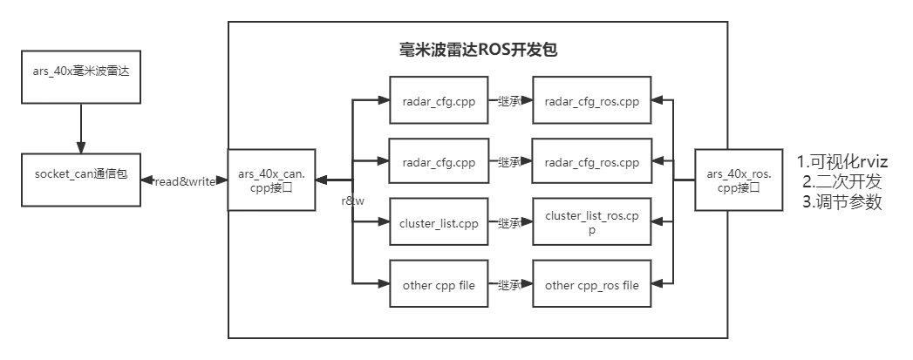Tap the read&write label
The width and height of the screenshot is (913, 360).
point(184,180)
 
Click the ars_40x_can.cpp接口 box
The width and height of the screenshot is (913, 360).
point(271,180)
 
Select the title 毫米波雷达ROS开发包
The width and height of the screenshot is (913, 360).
point(477,50)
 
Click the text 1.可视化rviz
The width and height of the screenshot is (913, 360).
point(842,162)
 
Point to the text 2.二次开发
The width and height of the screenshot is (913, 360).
point(842,181)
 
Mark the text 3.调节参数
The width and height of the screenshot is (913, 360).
point(842,201)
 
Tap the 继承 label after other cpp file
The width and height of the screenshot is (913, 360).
point(509,285)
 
